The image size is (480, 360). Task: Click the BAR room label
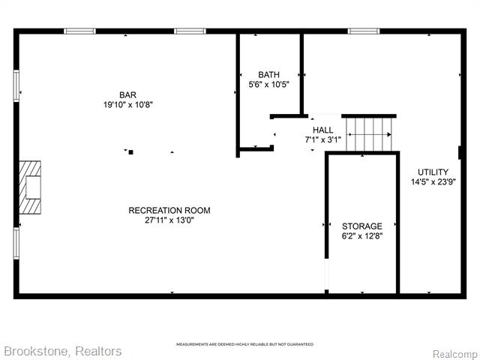(x=128, y=95)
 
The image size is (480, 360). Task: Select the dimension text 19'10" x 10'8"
(x=128, y=105)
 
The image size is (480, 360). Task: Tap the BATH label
(x=268, y=75)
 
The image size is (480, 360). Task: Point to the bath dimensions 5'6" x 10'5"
(x=268, y=85)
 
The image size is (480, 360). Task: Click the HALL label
(x=323, y=130)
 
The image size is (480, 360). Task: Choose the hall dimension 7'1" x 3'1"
(x=323, y=140)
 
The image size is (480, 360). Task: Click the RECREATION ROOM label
(x=169, y=210)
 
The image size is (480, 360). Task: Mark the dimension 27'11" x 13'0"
(x=169, y=220)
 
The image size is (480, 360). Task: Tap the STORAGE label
(x=361, y=226)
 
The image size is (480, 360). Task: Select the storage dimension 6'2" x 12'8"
(x=361, y=236)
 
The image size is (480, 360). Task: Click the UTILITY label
(x=433, y=172)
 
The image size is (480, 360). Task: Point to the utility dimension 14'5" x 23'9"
(x=433, y=181)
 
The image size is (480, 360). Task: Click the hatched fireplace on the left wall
(x=30, y=187)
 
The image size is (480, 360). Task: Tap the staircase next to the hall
(x=369, y=134)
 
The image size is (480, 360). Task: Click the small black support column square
(x=130, y=152)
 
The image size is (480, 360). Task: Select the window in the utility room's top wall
(x=364, y=31)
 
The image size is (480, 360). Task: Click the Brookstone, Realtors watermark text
(x=63, y=352)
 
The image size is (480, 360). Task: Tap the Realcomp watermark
(x=454, y=354)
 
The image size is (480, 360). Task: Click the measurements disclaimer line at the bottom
(x=245, y=344)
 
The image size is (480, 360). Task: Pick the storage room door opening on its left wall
(x=327, y=274)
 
